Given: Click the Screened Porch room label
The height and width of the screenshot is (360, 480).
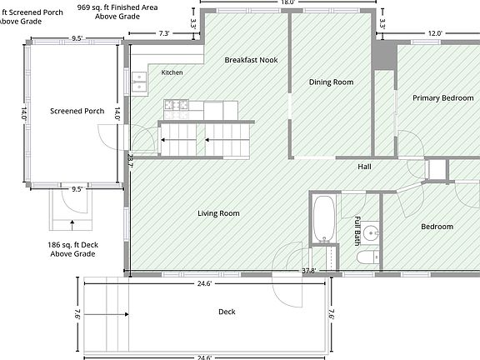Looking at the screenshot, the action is coord(77,111).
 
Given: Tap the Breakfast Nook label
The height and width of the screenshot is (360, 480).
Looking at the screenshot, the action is coord(251,60).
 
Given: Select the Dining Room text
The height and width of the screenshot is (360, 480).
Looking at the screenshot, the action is coord(331,82).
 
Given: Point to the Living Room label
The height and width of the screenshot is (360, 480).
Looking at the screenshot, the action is coord(218,213).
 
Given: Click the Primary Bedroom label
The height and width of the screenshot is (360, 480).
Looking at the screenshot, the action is coord(443,98).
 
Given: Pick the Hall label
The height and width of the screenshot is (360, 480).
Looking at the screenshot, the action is coord(364,167).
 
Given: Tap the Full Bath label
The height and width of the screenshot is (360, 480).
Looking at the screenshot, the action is coord(357,231).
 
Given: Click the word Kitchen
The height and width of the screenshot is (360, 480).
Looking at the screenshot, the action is coord(172,72).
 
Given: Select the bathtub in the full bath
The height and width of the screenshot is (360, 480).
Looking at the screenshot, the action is coord(323,219).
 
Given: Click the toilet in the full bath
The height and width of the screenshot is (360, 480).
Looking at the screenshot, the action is coord(368,257).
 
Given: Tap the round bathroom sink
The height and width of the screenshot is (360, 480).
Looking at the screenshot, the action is coord(372,233).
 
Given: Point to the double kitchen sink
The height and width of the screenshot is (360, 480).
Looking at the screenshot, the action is coord(139,82).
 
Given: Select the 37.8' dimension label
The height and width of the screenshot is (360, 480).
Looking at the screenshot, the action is coord(308,271).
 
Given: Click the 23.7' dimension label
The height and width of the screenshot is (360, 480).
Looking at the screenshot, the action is coord(130,161).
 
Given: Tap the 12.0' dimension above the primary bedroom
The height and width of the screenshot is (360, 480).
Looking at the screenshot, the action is coord(435,33).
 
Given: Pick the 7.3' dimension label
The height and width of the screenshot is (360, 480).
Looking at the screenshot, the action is coord(164,33).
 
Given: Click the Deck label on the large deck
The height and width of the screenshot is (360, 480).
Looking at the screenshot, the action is coord(227,312).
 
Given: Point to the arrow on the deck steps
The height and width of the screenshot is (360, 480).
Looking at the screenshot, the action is coord(106,314).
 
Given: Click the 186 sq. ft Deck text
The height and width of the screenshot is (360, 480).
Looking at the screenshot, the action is coord(72,245).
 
